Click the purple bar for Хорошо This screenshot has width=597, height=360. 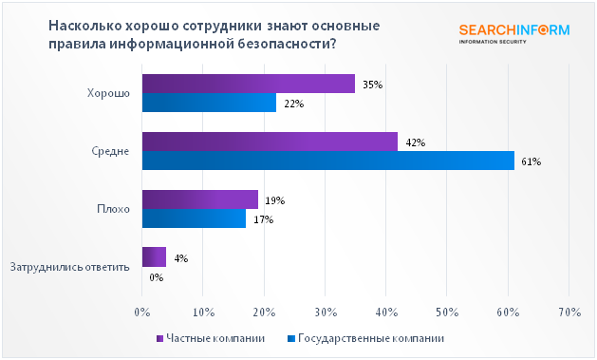248,85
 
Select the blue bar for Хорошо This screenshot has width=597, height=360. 209,104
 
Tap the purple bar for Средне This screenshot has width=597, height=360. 270,142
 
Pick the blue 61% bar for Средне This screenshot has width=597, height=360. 327,161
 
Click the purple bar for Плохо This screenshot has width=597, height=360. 199,199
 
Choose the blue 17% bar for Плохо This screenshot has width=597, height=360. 194,219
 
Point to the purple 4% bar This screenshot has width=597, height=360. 154,257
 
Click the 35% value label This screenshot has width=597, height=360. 372,85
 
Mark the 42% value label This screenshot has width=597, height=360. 415,142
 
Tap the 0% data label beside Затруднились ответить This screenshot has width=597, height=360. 157,277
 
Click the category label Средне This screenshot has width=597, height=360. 111,152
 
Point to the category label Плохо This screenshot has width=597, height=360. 113,209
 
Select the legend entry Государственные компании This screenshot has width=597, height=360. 364,337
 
